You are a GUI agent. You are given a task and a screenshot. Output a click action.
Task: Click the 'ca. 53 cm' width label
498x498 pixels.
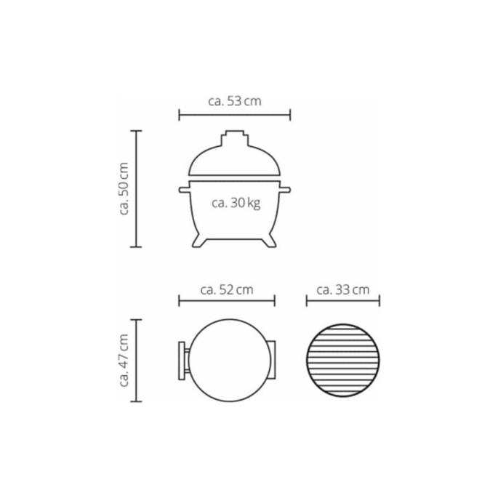tap(235, 101)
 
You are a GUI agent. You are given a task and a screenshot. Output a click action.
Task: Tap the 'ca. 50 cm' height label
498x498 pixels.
tap(124, 188)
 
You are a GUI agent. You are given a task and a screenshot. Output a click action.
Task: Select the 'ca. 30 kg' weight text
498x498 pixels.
tap(236, 203)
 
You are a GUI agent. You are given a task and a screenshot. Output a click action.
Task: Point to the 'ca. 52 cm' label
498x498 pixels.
tap(227, 289)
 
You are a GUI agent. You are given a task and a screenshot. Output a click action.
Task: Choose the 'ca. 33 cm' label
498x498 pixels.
tap(343, 289)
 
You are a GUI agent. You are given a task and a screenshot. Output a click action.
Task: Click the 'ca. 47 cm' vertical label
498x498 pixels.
tap(124, 361)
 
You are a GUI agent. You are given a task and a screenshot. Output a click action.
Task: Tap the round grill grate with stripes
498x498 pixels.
tap(343, 361)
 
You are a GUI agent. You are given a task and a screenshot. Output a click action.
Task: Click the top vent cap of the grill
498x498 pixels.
tap(235, 137)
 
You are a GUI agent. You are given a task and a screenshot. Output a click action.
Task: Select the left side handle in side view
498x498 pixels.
tap(184, 190)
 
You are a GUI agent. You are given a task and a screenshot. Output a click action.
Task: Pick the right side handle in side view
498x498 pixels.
tap(285, 190)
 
